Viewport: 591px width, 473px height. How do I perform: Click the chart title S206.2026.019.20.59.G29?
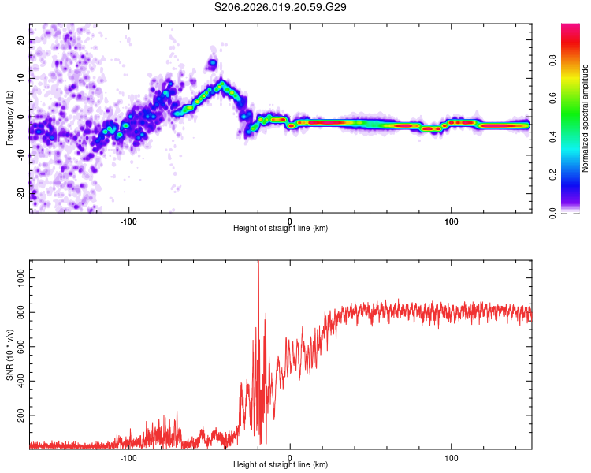point(281,7)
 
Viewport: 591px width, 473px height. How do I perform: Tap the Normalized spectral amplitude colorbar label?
point(585,118)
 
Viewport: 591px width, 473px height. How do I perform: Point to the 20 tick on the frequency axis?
point(21,40)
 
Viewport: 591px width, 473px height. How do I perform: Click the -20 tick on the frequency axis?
point(20,193)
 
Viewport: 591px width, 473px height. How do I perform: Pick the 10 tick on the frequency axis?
point(21,79)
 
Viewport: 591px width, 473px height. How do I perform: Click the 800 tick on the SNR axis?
point(18,311)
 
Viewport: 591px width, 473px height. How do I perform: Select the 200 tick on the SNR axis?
point(18,413)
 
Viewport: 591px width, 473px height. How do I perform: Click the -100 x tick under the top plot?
point(128,220)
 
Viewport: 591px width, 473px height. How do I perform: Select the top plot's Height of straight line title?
point(281,228)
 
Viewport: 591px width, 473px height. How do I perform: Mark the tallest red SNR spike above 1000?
point(258,264)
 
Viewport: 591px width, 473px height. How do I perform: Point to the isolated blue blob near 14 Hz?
point(212,63)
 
